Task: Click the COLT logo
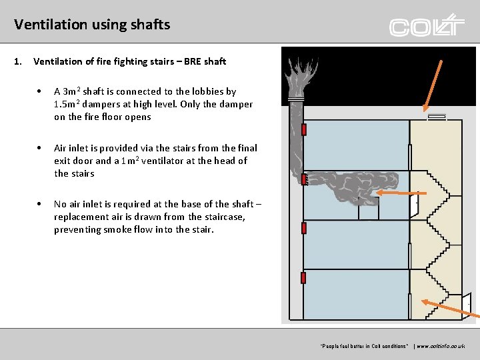(x=427, y=25)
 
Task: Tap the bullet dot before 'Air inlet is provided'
(x=41, y=148)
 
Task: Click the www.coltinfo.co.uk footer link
(x=440, y=346)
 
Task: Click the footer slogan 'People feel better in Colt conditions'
(x=364, y=346)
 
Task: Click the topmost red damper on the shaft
(x=304, y=129)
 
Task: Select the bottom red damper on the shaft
(x=304, y=278)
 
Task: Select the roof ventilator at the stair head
(x=437, y=117)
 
